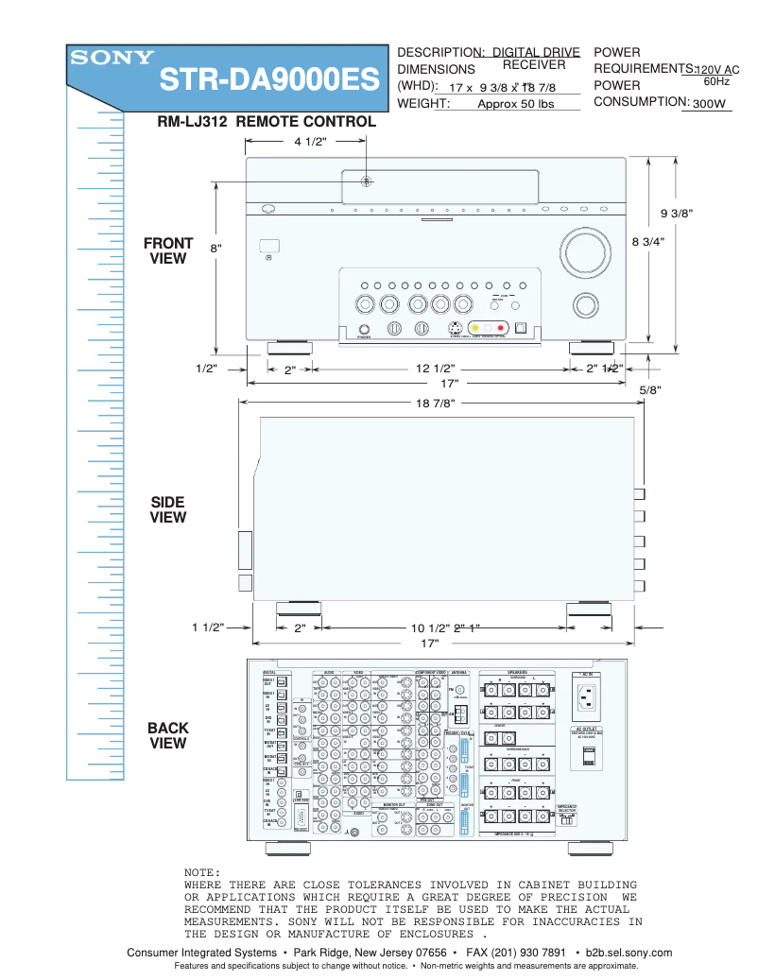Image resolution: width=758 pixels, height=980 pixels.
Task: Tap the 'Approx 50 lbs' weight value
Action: click(515, 104)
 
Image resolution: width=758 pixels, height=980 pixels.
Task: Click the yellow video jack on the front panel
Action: click(475, 327)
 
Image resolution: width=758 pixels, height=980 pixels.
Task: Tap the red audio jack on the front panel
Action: click(501, 327)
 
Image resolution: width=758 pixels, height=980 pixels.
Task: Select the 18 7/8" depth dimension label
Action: click(436, 404)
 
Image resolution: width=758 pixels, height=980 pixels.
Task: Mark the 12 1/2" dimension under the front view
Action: click(436, 369)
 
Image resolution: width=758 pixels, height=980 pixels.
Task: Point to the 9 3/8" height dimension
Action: click(677, 213)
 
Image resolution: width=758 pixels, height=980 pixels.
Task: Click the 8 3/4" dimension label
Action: click(648, 241)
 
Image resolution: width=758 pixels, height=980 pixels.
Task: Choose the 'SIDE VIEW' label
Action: click(168, 509)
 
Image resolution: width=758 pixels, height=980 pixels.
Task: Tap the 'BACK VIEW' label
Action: click(168, 735)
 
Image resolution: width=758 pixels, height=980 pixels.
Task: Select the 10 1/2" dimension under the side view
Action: click(430, 628)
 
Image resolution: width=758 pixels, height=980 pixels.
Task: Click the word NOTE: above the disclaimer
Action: click(202, 871)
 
